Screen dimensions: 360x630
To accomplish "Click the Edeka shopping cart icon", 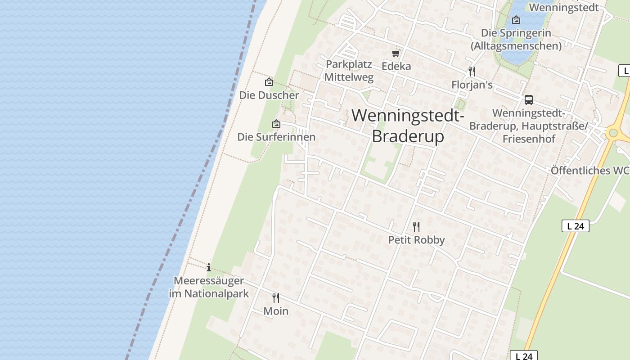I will click(x=396, y=54).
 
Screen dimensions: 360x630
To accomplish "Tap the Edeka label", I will click(x=396, y=66).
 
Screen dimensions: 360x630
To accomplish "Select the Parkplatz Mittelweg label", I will click(x=349, y=71).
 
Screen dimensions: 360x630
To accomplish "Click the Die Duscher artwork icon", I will click(x=269, y=82).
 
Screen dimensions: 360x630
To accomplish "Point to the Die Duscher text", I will click(x=269, y=95).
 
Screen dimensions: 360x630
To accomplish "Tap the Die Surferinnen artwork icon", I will click(x=276, y=124).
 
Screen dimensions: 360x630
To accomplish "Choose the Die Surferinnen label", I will click(x=276, y=137).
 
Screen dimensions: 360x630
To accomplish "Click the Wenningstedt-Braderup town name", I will click(x=408, y=126).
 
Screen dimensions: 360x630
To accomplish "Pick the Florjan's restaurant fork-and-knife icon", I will click(x=472, y=72).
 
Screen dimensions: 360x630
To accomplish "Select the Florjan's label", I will click(x=472, y=85).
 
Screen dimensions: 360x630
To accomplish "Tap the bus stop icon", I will click(x=529, y=100).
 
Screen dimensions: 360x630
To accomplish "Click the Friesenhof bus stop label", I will click(x=529, y=126).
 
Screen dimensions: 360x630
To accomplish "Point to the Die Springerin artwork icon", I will click(x=516, y=20).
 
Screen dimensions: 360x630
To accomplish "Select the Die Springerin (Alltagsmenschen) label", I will click(x=516, y=40).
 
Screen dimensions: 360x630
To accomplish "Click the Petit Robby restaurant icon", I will click(x=416, y=226).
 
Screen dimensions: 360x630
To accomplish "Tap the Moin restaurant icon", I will click(x=276, y=297).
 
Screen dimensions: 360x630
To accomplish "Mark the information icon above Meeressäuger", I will click(x=209, y=267).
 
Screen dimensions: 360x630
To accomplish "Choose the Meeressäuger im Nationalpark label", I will click(x=209, y=287).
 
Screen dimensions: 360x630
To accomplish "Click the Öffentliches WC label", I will click(x=590, y=171).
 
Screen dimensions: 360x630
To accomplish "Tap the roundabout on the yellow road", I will click(x=612, y=133).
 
